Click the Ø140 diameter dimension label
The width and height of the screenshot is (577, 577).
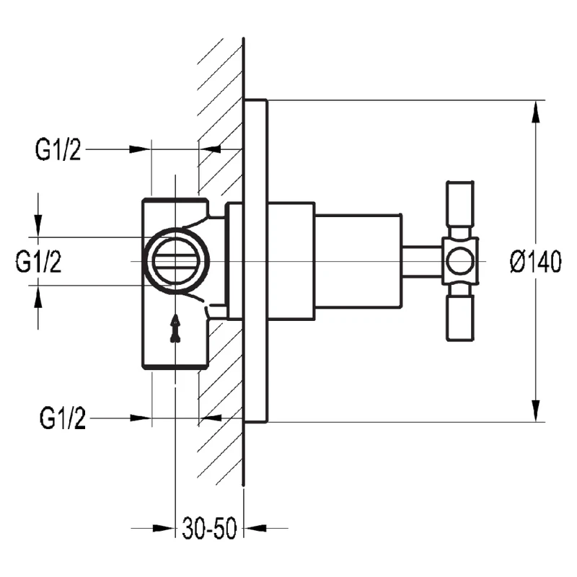tap(534, 261)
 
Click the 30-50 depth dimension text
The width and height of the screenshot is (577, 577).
tap(209, 529)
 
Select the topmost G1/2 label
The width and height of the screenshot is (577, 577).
tap(58, 150)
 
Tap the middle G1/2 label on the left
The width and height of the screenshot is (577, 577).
tap(38, 261)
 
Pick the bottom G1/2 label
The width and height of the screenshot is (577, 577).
tap(63, 418)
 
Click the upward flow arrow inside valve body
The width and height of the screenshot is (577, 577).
tap(175, 328)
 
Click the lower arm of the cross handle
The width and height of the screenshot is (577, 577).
tap(460, 317)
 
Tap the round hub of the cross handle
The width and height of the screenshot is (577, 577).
tap(459, 261)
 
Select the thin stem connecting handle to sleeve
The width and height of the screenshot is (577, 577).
tap(421, 261)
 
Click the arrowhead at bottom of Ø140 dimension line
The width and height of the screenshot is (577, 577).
tap(535, 411)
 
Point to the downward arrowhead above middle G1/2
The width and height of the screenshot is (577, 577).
tap(38, 226)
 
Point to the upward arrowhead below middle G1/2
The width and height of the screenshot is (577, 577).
tap(38, 295)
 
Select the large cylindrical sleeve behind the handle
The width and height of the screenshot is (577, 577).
tap(358, 261)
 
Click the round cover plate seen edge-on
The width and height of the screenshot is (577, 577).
tap(256, 261)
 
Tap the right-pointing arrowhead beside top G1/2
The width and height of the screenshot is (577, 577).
tap(140, 149)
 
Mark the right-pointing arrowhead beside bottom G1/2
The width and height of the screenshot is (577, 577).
tap(140, 418)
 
